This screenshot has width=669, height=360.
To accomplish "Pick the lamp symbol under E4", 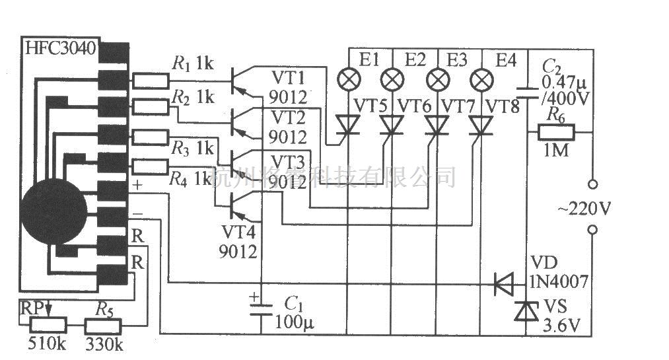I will click(x=481, y=81).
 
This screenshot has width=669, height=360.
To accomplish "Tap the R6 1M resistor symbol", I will click(x=557, y=132).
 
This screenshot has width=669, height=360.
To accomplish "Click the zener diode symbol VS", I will click(x=526, y=311).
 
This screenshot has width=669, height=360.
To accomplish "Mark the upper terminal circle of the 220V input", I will click(x=592, y=184).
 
